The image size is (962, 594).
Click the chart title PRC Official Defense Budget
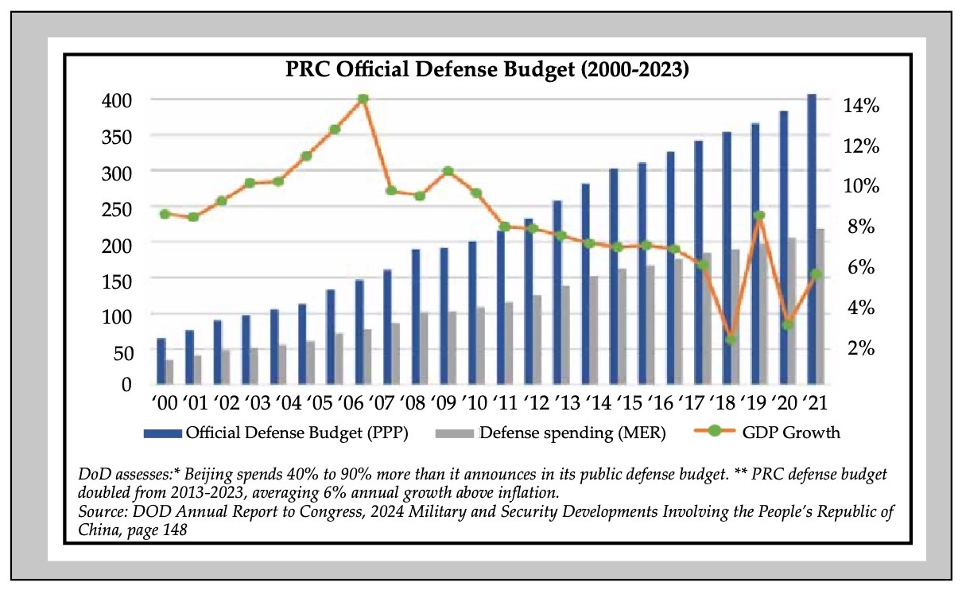click(487, 70)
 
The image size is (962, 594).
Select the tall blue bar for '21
click(811, 239)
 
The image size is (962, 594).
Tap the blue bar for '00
click(161, 361)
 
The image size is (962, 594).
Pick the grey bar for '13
click(565, 335)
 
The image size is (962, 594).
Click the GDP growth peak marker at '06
click(363, 99)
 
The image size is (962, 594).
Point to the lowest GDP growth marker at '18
click(731, 340)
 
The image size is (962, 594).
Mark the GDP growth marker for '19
click(759, 215)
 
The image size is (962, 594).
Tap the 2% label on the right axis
click(861, 347)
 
